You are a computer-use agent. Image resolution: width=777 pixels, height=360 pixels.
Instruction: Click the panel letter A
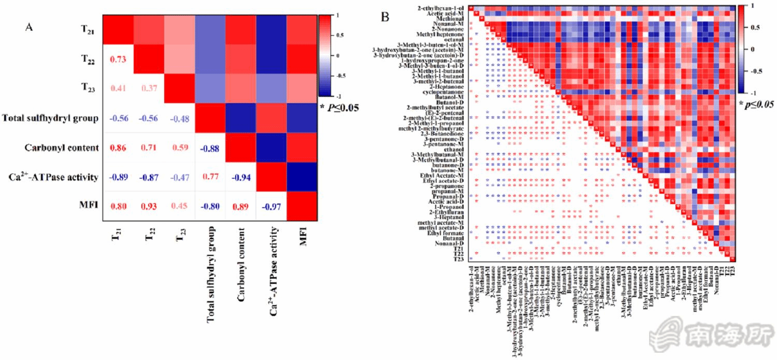click(30, 27)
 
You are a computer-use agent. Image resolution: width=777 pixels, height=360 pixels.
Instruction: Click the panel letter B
click(385, 17)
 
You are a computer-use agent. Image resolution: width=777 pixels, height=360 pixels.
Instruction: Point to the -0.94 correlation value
click(241, 177)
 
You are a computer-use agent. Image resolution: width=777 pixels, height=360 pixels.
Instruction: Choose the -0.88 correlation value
click(210, 148)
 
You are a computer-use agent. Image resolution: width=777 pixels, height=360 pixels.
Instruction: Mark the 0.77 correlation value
click(210, 177)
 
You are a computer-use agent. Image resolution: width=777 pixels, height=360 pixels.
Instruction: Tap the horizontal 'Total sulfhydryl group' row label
click(50, 119)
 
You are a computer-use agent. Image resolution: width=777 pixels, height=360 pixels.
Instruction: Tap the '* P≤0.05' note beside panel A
click(340, 108)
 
